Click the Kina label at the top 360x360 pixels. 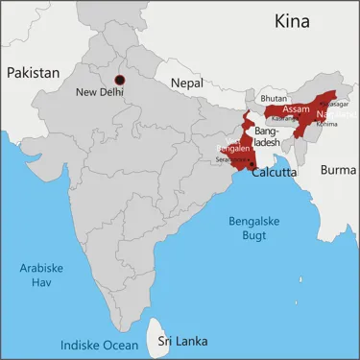tap(295, 21)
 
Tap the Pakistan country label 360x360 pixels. tap(34, 72)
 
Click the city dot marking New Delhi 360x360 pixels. tap(120, 80)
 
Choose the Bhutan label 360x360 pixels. tap(274, 98)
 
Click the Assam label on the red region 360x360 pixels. tap(297, 109)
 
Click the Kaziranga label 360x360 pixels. tap(285, 118)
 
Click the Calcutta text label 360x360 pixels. tap(274, 174)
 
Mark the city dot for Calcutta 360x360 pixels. tap(252, 164)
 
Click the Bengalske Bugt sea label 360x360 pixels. tap(256, 228)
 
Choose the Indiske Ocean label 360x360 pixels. tap(99, 345)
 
